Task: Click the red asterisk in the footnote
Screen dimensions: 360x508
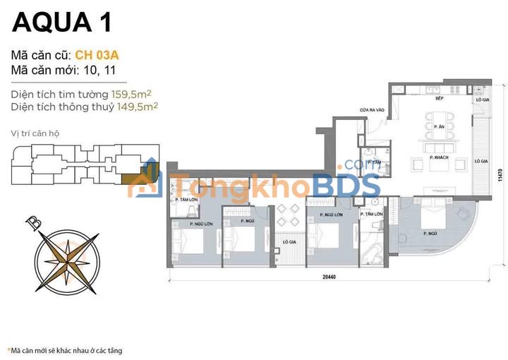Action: click(x=9, y=351)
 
